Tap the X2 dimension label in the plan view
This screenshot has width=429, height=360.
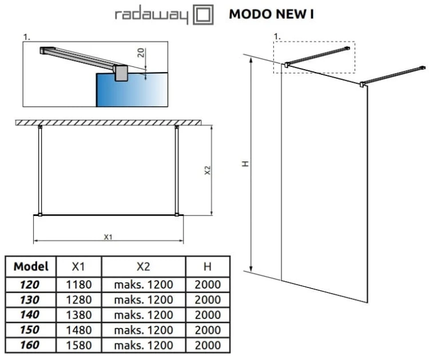point(208,170)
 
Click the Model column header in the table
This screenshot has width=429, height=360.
point(31,266)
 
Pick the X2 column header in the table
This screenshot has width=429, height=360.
point(144,266)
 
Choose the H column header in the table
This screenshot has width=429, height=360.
point(208,266)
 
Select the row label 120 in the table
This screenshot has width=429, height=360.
point(31,284)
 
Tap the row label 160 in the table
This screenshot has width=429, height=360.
point(31,345)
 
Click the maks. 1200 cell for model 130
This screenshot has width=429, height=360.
point(144,299)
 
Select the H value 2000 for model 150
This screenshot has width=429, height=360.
point(208,330)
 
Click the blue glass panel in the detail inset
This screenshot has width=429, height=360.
point(114,91)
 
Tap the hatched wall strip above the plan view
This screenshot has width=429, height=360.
point(108,122)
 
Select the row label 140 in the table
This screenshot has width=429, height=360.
point(31,314)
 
